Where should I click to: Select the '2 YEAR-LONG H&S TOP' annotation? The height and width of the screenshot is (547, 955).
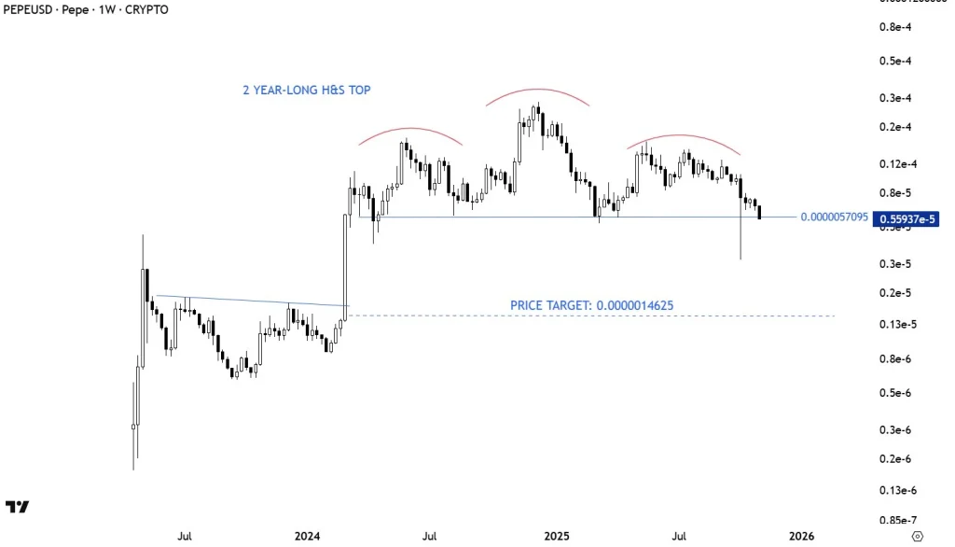307,91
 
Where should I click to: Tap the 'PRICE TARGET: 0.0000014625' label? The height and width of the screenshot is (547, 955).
592,305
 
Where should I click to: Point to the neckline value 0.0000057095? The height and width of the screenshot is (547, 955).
835,217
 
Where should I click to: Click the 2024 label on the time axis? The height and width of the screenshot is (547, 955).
307,536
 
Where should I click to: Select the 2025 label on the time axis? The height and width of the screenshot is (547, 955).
557,536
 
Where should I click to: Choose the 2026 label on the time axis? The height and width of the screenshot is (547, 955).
800,536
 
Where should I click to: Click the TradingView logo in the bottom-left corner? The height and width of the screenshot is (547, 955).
17,507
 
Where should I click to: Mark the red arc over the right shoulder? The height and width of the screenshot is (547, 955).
684,136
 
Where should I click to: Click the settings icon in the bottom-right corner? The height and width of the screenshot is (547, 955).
918,536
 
